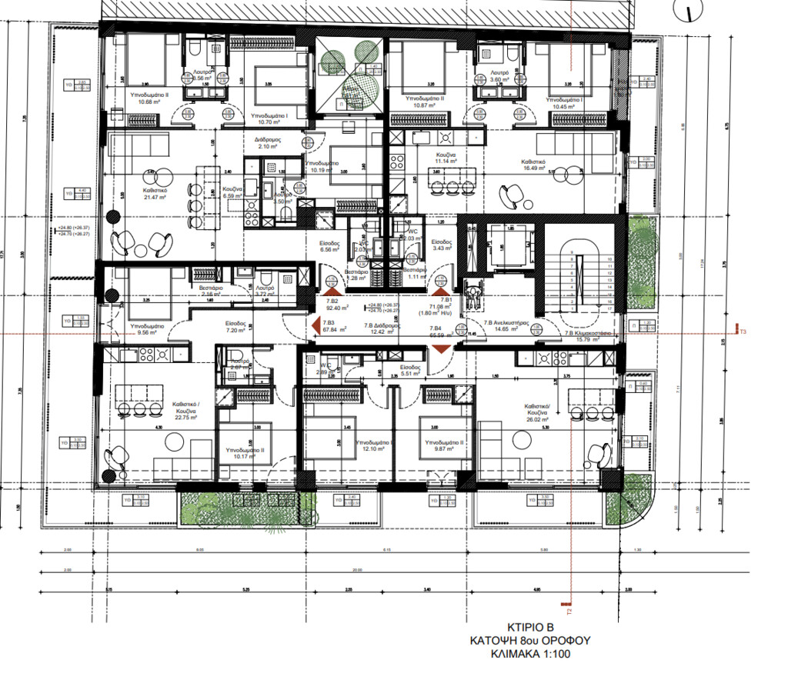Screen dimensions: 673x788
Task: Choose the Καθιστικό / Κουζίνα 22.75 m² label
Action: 187,408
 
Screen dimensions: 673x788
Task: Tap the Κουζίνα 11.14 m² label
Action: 447,158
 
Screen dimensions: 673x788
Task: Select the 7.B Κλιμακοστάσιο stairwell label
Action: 588,336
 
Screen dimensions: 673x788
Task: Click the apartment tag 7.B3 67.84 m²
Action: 334,326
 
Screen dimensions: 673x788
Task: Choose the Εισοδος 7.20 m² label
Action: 235,328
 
